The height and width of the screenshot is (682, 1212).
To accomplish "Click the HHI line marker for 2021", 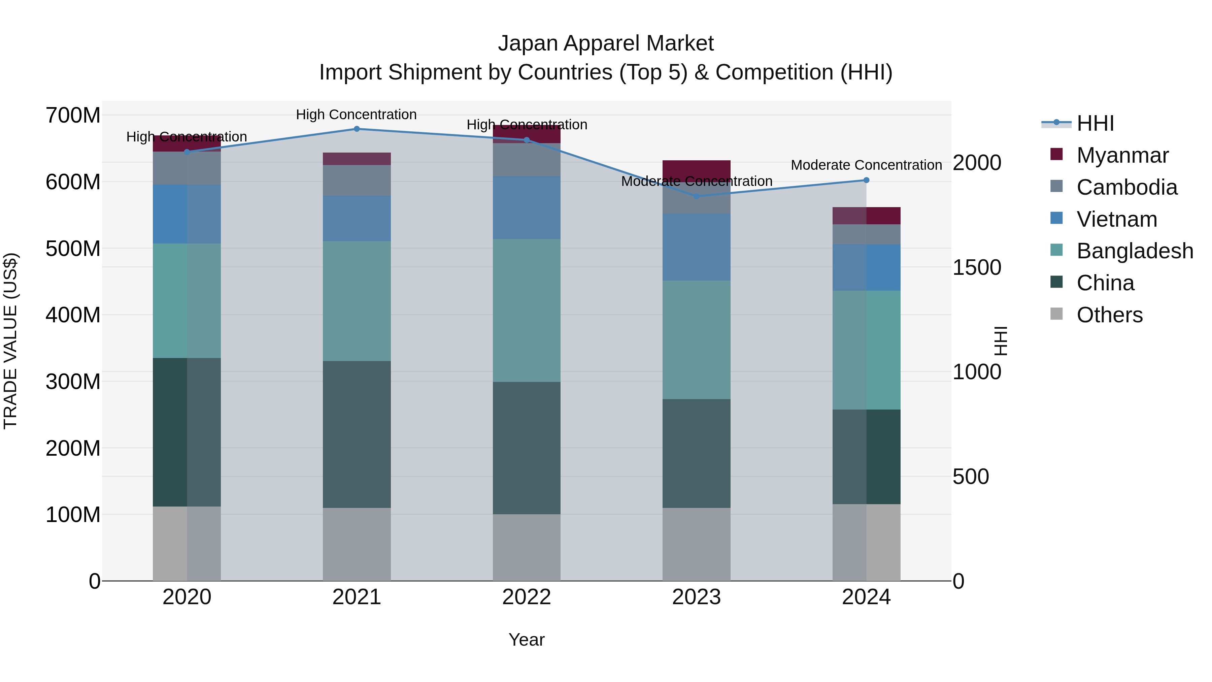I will click(357, 129).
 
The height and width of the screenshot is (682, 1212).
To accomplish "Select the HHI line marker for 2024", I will click(866, 180).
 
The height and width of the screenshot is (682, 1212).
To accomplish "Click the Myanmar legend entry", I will click(1122, 155).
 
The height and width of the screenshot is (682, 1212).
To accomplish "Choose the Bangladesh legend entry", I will click(1134, 251).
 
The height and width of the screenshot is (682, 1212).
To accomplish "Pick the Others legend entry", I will click(1109, 315).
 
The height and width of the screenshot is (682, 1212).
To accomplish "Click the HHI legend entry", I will click(1095, 123).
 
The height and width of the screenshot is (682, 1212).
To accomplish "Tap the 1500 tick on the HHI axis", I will click(977, 268).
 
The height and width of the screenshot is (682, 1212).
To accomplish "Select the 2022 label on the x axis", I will click(527, 597).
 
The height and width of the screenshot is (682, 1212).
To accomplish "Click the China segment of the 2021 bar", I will click(357, 434).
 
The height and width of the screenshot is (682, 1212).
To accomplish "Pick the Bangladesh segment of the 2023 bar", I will click(696, 340).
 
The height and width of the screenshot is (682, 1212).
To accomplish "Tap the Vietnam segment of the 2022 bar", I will click(527, 207).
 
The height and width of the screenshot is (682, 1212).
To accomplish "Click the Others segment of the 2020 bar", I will click(187, 544).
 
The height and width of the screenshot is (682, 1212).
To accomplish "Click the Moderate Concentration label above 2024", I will click(866, 165).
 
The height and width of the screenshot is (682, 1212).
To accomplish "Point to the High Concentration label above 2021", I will click(356, 115).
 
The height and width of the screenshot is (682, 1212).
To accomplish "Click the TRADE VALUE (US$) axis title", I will click(10, 341).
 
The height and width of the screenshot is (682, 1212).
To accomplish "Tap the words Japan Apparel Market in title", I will click(606, 43).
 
